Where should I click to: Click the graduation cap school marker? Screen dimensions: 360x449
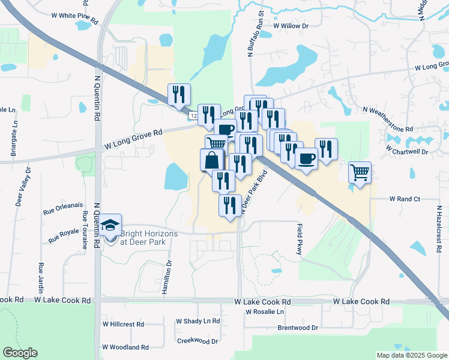point(110,226)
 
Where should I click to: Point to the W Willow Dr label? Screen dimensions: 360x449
point(290,26)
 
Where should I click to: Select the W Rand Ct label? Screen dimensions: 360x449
point(405,198)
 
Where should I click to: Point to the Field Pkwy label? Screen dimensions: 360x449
point(300,239)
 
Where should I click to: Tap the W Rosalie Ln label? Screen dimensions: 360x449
point(265,312)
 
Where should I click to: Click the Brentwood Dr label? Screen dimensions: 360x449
point(298,328)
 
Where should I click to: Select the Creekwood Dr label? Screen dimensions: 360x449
point(197,341)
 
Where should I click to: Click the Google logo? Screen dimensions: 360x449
point(20,353)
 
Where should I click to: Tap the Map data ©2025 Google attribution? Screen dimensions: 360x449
point(411,355)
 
